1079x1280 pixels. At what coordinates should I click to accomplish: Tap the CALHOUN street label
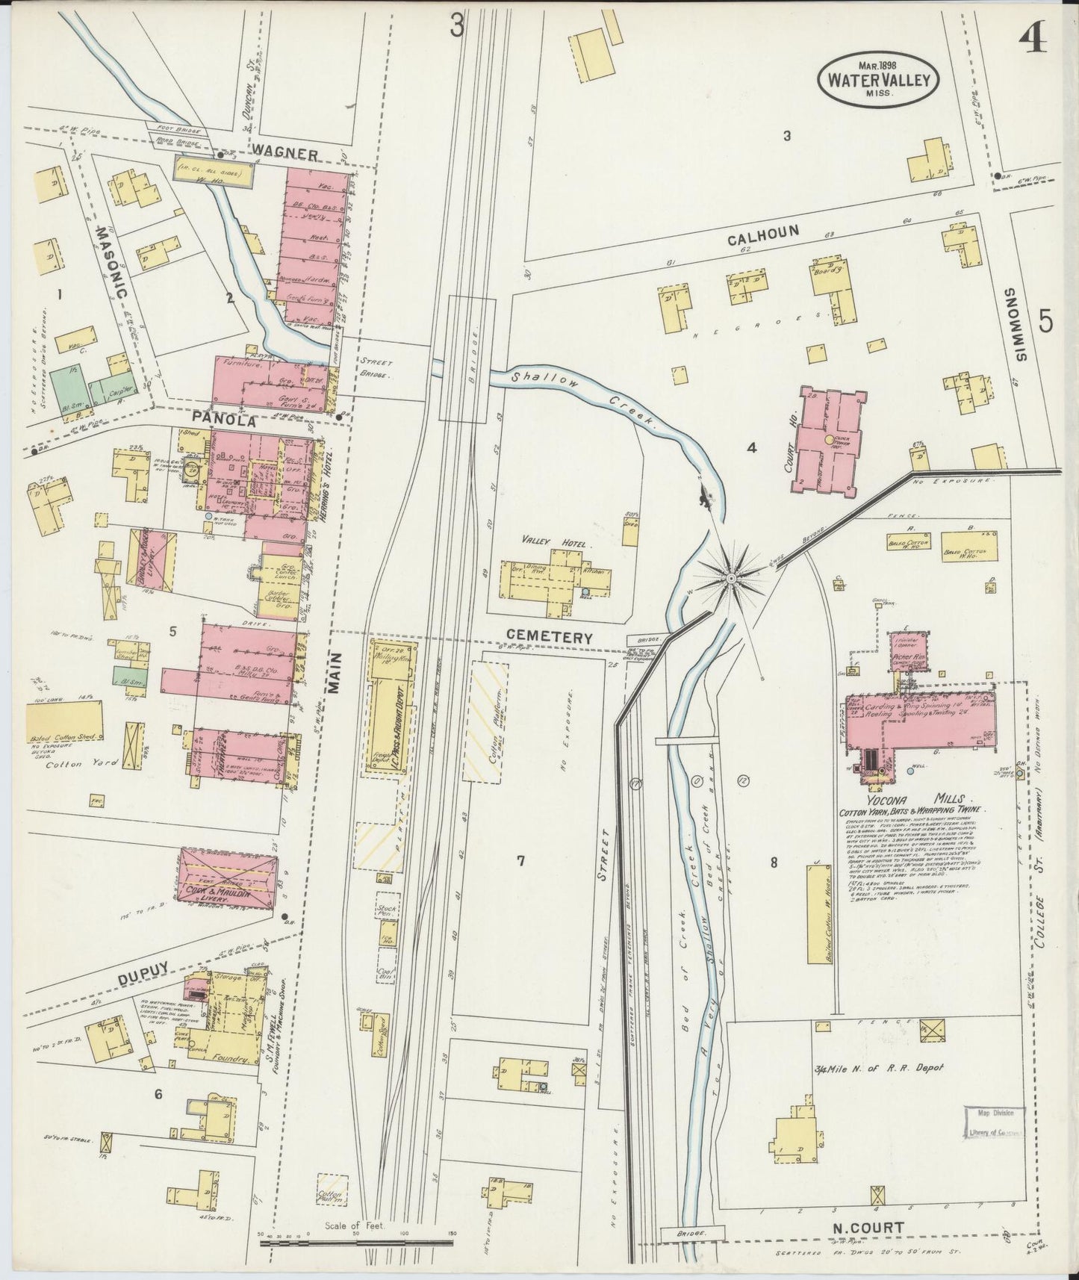(x=763, y=234)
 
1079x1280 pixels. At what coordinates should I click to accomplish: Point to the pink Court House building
(x=827, y=440)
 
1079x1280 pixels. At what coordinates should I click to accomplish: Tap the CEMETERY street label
(x=549, y=638)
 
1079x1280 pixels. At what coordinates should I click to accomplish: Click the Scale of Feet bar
(x=356, y=1243)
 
